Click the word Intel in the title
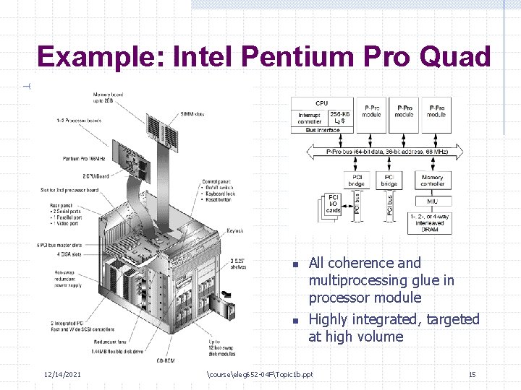[203, 56]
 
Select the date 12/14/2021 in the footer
[62, 374]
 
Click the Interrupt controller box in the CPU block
[312, 118]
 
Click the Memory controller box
[433, 180]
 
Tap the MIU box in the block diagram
[432, 201]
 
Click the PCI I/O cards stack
[331, 204]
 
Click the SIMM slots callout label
[192, 115]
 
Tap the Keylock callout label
[234, 231]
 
